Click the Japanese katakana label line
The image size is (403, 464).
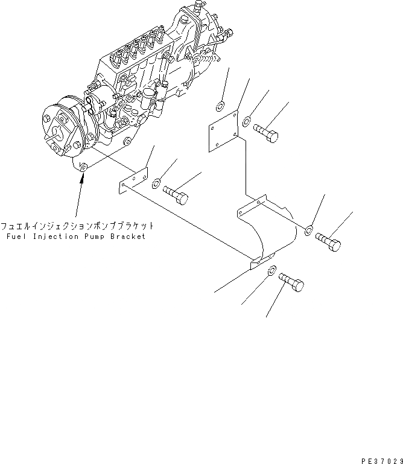coord(77,226)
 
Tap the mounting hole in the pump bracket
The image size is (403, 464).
coord(83,167)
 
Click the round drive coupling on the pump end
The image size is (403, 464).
coord(61,127)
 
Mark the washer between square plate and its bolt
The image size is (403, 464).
coord(247,123)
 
